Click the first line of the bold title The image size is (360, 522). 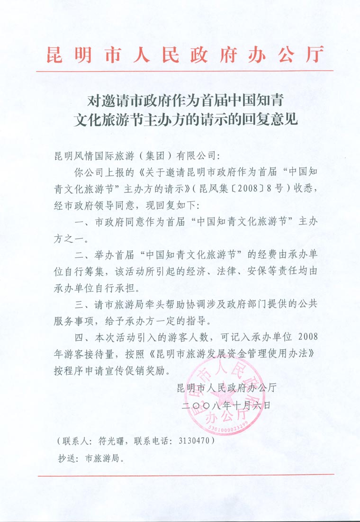(186, 101)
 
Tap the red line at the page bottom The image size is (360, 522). (186, 475)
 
